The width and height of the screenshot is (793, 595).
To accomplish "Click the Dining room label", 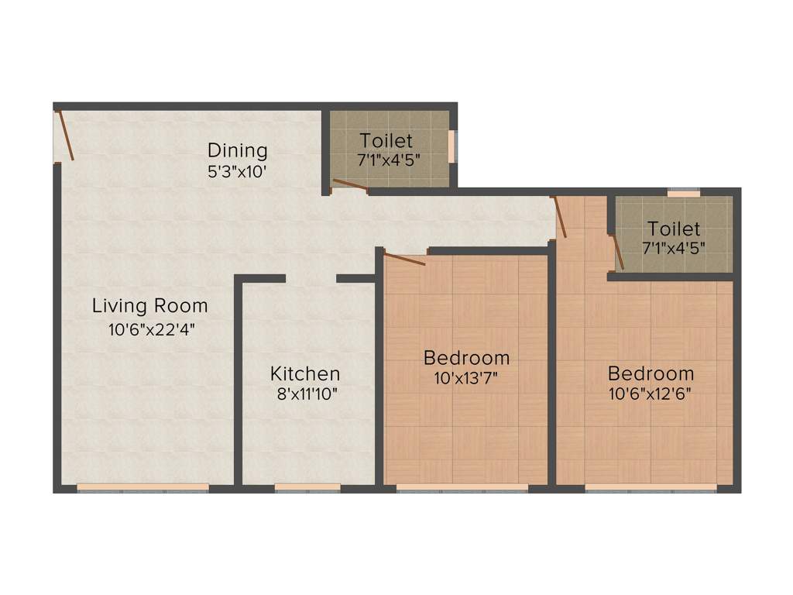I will (x=237, y=150).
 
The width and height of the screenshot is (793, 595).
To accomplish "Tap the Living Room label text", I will (x=149, y=305).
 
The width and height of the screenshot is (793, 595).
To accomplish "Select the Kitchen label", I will (x=304, y=373).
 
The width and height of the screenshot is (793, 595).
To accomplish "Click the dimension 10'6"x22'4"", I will (x=151, y=328).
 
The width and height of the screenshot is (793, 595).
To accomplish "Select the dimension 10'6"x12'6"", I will (x=650, y=392).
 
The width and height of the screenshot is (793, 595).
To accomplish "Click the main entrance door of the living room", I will (x=65, y=136).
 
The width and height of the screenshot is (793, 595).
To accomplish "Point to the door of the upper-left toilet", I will (x=350, y=184).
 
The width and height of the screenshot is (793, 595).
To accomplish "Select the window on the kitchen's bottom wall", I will (x=307, y=488).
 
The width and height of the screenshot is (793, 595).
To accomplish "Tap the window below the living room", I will (x=143, y=488).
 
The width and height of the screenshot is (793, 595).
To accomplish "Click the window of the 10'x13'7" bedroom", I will (x=462, y=488).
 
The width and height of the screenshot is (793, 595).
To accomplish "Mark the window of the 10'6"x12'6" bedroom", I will (x=651, y=488).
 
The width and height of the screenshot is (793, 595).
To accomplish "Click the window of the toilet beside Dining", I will (x=453, y=146).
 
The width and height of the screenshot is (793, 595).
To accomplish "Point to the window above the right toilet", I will (x=684, y=192).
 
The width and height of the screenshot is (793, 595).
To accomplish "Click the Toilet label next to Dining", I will (x=386, y=141).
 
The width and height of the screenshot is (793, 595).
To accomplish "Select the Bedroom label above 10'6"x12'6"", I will (x=650, y=372).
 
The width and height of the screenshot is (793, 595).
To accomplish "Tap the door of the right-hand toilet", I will (x=617, y=253).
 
